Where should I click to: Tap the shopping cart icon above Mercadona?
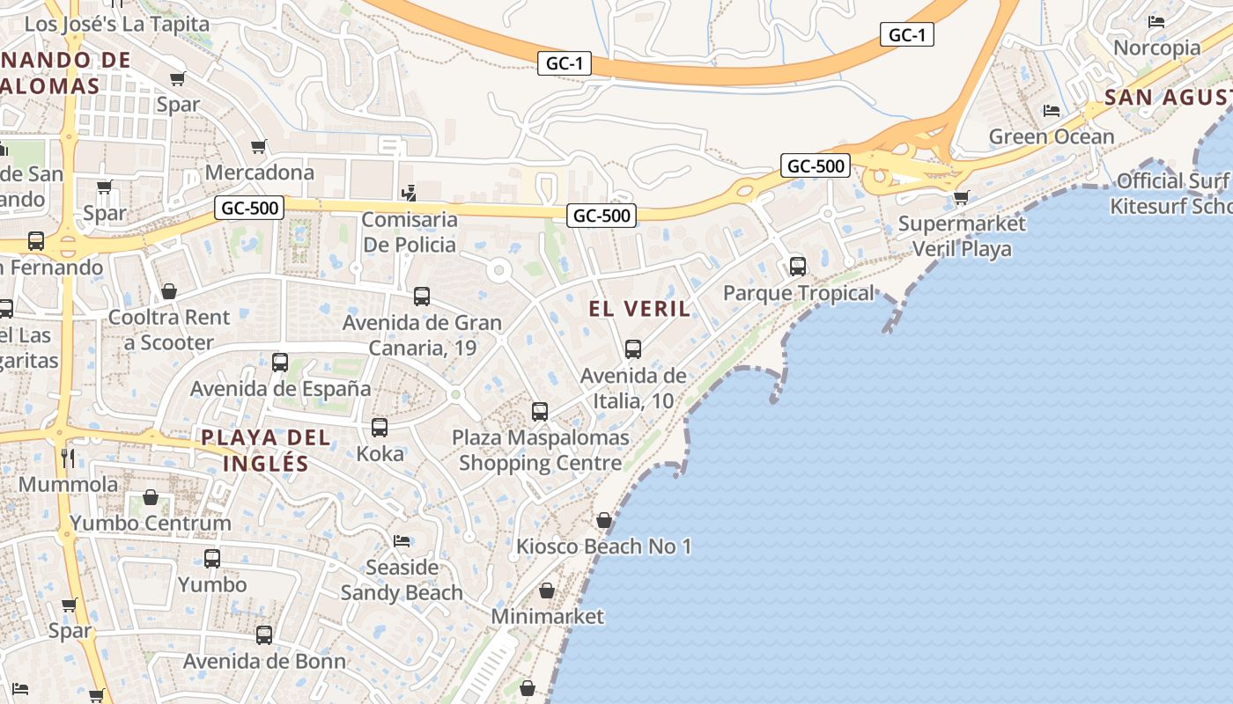coord(259,146)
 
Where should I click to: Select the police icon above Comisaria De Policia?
coord(409,193)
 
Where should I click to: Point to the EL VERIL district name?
coord(639,309)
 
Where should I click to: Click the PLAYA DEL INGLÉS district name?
coord(266,451)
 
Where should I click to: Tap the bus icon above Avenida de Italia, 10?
coord(633,349)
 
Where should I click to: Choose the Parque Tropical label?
coord(799,293)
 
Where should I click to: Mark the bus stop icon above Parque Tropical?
coord(798,266)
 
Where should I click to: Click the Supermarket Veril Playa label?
coord(962,236)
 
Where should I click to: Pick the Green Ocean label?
coord(1052,136)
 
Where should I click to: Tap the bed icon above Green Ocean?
coord(1052,111)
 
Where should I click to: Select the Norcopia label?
coord(1156,48)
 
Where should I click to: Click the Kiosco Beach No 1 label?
coord(603,546)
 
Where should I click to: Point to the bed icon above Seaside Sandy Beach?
coord(402,540)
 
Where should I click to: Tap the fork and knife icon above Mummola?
coord(68,458)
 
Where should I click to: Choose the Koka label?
coord(380,454)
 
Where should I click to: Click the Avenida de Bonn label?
coord(264,661)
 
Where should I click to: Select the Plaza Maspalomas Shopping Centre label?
coord(540,450)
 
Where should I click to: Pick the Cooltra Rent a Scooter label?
coord(169,330)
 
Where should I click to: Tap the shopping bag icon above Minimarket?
coord(547,590)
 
